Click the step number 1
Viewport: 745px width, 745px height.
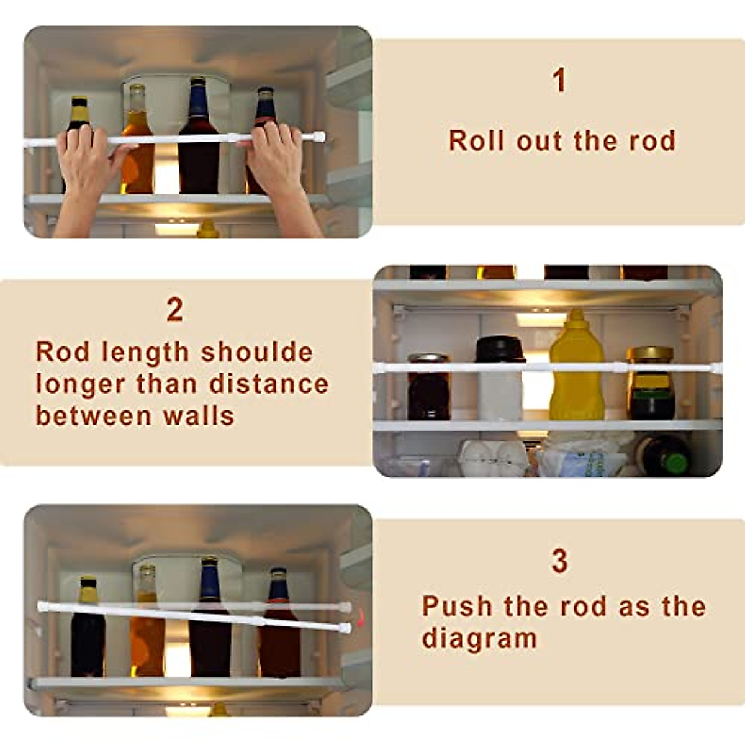[x=559, y=81]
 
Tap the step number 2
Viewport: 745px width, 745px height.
[x=175, y=310]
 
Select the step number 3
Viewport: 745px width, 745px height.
[x=559, y=561]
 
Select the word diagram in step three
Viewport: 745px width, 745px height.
[x=479, y=638]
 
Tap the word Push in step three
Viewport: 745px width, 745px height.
[x=458, y=606]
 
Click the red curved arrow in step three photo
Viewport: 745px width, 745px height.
[x=361, y=618]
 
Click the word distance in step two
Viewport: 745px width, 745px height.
[x=268, y=384]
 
